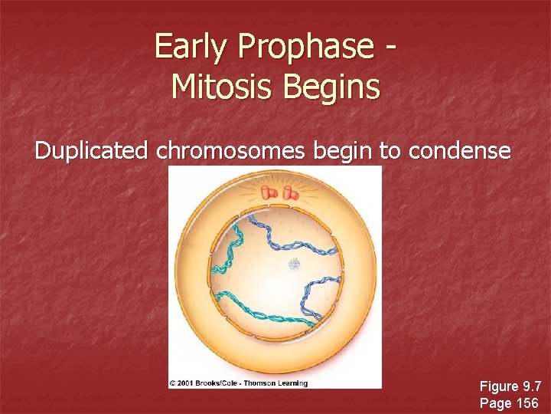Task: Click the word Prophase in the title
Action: [x=304, y=47]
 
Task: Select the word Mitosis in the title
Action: [x=223, y=86]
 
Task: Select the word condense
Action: [x=459, y=150]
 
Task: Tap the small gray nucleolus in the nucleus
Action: [x=294, y=265]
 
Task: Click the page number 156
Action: [x=526, y=402]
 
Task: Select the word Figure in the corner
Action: [x=498, y=386]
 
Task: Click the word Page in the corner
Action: [x=494, y=402]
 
